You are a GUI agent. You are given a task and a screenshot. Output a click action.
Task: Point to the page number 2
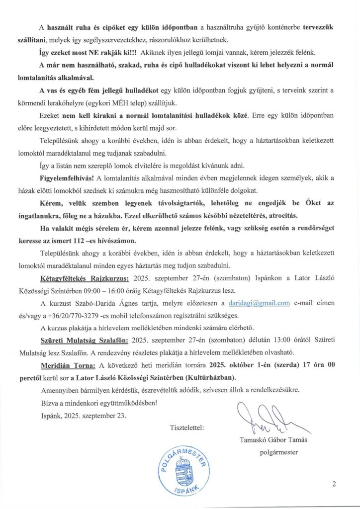[x=335, y=484]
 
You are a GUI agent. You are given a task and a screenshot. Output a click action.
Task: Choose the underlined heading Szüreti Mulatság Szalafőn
[x=84, y=340]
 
